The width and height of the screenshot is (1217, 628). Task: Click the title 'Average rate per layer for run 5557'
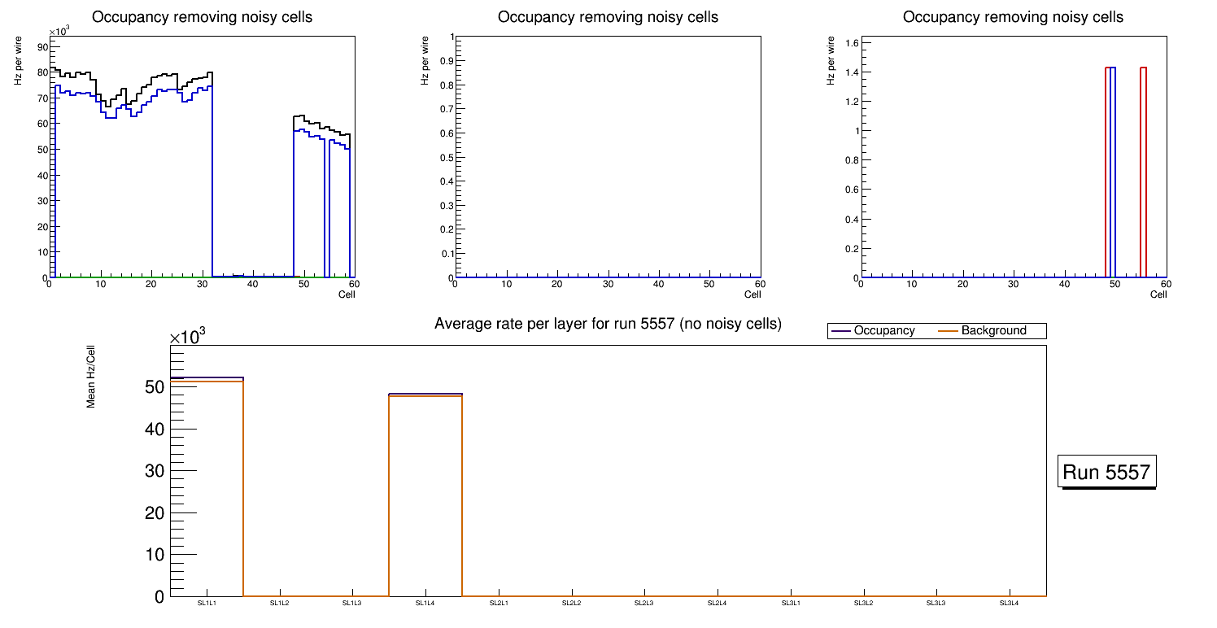point(608,324)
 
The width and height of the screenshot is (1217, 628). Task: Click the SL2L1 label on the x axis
point(499,603)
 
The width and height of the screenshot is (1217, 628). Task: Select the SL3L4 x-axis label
point(1009,603)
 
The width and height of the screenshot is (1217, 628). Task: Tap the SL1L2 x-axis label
point(280,603)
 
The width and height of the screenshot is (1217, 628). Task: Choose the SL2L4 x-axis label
point(717,603)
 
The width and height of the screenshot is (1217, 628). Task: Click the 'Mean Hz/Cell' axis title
point(91,382)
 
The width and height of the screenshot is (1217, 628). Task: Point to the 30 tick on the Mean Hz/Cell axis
point(154,471)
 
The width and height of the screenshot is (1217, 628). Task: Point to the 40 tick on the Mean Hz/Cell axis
point(154,429)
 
